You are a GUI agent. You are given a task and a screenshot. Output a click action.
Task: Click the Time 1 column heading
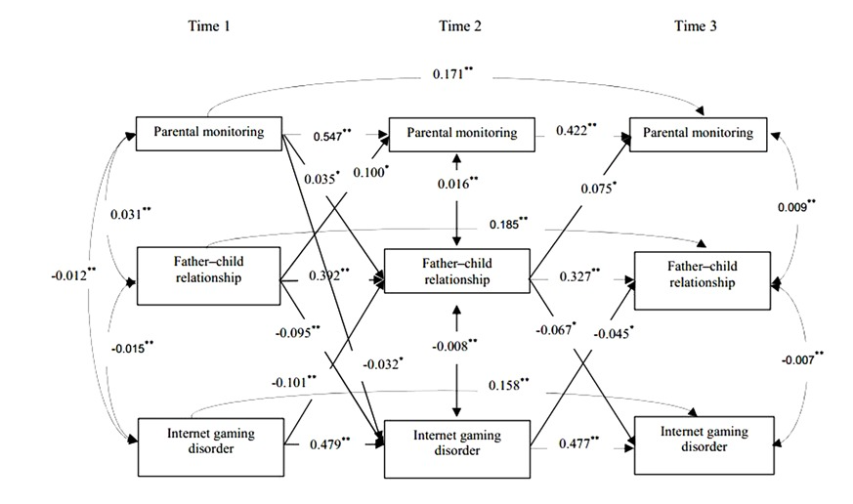click(209, 26)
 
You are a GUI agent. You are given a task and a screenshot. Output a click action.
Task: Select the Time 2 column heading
click(460, 26)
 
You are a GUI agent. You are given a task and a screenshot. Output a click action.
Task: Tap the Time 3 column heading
click(696, 26)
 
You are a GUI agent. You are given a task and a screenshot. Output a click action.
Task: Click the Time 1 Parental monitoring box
click(209, 133)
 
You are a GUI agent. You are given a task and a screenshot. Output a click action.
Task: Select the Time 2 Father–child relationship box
click(457, 271)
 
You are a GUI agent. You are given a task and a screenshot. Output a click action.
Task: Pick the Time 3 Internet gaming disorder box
click(704, 445)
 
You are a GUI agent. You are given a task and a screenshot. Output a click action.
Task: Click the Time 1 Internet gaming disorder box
click(210, 447)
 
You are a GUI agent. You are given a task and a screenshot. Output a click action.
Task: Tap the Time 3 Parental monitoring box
click(698, 134)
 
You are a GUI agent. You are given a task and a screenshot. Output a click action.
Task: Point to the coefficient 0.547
click(332, 136)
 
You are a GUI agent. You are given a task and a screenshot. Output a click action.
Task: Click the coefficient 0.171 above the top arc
click(452, 73)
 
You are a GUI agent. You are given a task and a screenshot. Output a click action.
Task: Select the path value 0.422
click(576, 130)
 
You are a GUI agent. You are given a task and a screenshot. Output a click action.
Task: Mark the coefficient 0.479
click(329, 443)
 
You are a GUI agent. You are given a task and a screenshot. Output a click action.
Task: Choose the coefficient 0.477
click(578, 442)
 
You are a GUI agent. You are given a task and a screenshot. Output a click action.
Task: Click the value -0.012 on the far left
click(74, 274)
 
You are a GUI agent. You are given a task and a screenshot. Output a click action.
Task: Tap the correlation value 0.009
click(796, 206)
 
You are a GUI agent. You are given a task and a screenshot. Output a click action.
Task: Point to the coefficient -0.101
click(294, 382)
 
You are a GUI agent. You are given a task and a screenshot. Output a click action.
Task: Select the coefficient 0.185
click(509, 224)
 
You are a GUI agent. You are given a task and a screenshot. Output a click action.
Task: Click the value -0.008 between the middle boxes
click(454, 345)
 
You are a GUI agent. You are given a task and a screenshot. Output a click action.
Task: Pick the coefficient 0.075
click(598, 188)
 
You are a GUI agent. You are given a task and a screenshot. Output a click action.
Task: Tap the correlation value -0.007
click(802, 358)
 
